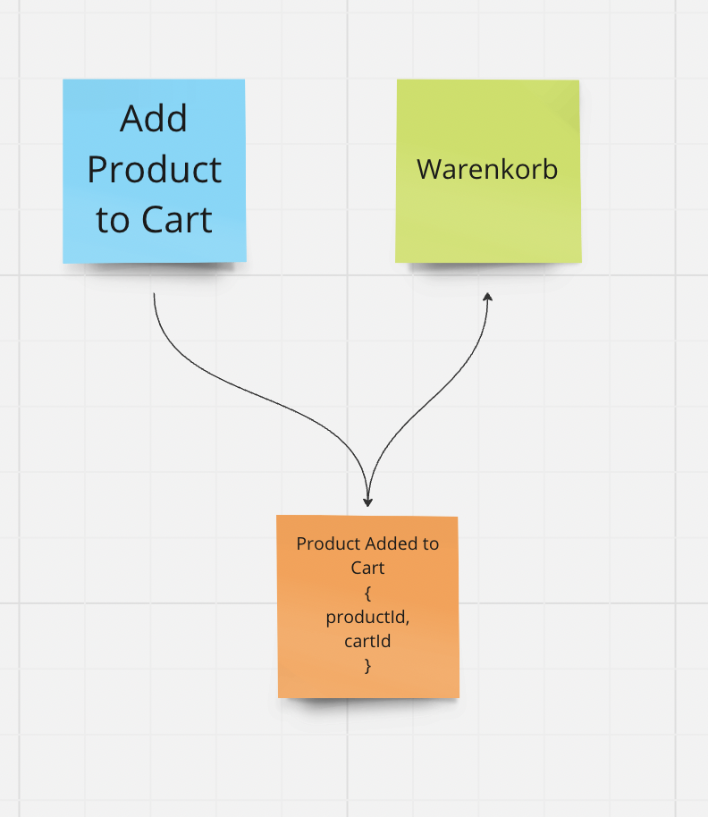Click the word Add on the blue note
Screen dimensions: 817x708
(x=154, y=119)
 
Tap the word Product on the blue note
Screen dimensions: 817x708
(x=154, y=170)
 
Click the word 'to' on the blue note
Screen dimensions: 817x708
(x=113, y=221)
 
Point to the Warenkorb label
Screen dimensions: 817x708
(x=487, y=169)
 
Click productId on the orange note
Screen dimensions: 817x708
(x=367, y=617)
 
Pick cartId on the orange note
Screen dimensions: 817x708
(x=367, y=641)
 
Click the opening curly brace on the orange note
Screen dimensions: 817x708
(x=367, y=593)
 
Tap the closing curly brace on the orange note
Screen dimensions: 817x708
(x=367, y=666)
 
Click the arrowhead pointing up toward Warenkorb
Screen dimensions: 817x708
(x=488, y=297)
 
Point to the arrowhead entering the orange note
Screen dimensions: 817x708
(x=367, y=502)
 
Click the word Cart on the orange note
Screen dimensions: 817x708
(x=367, y=568)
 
